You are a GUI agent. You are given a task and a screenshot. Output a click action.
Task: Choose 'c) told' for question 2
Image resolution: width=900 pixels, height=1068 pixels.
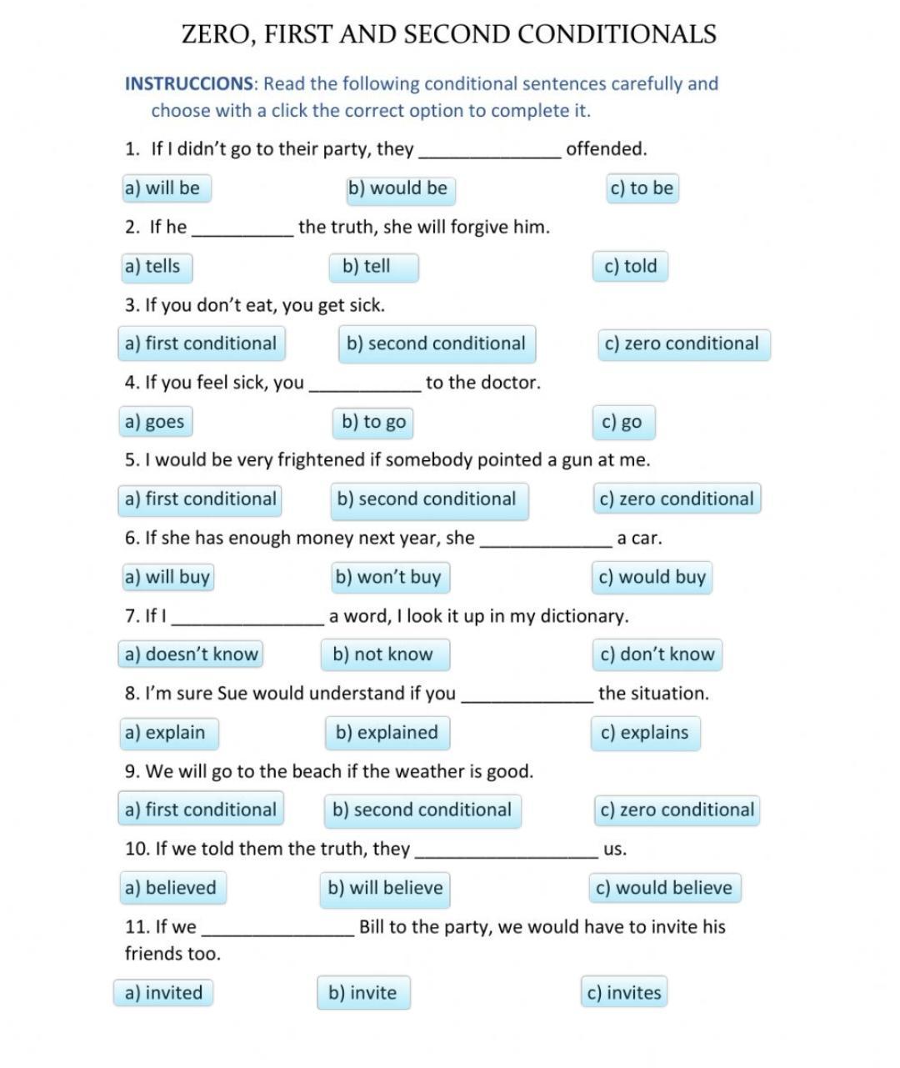[631, 267]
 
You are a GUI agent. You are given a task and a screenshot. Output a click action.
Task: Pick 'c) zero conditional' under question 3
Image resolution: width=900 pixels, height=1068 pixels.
[682, 343]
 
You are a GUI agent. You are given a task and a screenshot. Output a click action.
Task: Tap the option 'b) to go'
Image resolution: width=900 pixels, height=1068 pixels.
[373, 422]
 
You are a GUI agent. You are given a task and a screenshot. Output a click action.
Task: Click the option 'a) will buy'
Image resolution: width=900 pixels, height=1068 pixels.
[167, 577]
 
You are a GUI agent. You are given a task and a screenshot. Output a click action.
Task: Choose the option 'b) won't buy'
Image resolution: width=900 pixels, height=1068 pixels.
[388, 577]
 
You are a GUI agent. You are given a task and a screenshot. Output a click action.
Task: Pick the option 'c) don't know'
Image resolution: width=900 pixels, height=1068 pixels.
[657, 654]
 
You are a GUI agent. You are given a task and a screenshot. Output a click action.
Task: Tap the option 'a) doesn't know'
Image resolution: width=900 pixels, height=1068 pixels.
[192, 654]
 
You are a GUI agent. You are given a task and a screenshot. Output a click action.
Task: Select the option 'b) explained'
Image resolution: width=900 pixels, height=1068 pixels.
[387, 733]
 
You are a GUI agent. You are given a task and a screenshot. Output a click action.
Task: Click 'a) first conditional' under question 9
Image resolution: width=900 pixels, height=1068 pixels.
[200, 810]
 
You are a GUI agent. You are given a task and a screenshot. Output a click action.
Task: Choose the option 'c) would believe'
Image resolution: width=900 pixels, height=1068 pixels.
[664, 888]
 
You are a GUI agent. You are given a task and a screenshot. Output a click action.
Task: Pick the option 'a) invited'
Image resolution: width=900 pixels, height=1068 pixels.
[163, 993]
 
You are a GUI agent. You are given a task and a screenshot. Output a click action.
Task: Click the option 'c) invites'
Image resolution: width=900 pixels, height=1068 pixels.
[624, 993]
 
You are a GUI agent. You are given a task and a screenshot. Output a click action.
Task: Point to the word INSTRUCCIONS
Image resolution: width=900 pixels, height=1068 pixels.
[189, 84]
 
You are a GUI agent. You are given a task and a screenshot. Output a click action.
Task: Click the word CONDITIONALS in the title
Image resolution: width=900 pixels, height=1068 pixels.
[617, 34]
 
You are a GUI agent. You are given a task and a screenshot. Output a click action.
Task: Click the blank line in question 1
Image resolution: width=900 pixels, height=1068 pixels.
[490, 151]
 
